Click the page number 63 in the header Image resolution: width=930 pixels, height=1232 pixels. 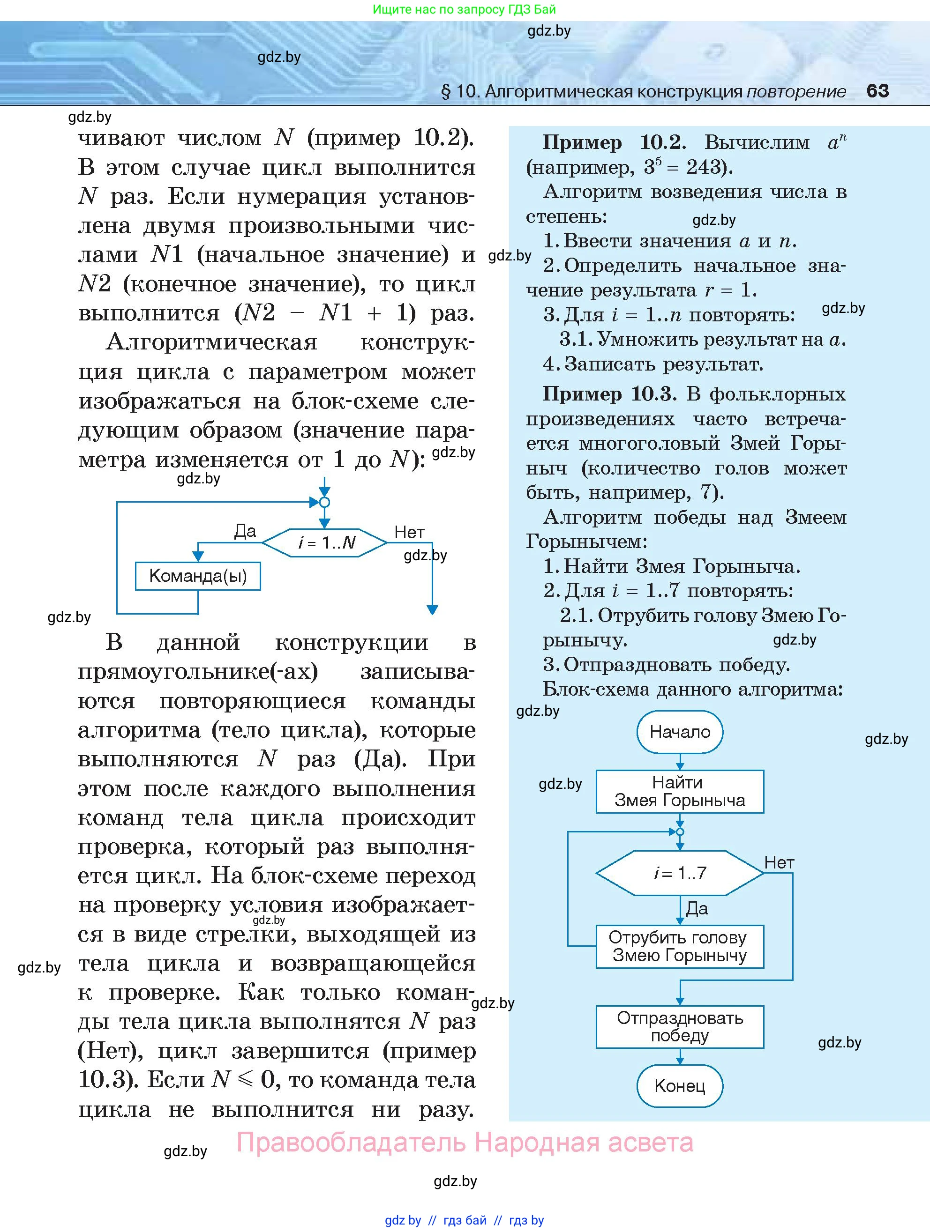[877, 91]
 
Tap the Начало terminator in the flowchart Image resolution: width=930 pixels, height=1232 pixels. [679, 732]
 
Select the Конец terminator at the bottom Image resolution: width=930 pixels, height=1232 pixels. [679, 1085]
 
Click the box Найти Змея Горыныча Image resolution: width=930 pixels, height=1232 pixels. [679, 792]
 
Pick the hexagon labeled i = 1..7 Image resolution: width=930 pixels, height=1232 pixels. [679, 873]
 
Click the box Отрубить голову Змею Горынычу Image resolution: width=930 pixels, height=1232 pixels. [679, 946]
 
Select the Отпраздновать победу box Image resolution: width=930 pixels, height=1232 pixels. [679, 1026]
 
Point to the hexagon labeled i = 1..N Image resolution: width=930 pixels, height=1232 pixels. [325, 542]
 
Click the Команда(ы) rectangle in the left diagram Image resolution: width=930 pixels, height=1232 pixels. [198, 576]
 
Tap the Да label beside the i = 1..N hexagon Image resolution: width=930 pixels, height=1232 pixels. [245, 531]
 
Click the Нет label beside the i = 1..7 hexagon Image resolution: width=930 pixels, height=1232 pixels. [779, 863]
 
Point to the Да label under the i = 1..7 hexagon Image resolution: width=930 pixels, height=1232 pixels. [697, 908]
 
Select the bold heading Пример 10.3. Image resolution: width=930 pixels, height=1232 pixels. [609, 394]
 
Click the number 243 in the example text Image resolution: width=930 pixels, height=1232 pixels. [705, 167]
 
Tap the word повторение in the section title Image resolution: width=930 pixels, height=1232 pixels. [796, 91]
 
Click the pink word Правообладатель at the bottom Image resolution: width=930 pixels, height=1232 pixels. [351, 1143]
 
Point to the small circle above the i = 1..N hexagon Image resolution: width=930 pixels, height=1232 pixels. [325, 502]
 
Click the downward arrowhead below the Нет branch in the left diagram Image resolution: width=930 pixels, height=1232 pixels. [432, 610]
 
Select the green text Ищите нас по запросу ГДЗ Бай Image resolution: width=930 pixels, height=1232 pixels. [464, 9]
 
